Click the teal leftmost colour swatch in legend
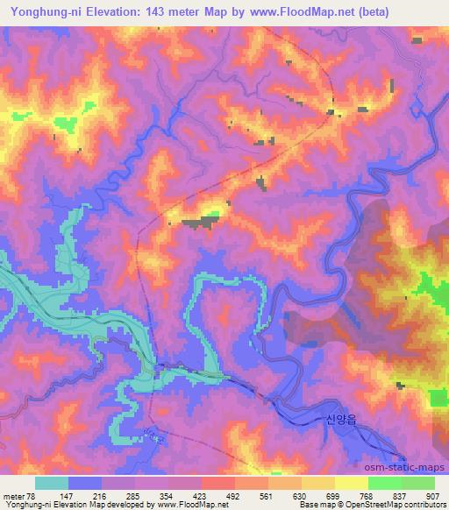pyautogui.click(x=52, y=483)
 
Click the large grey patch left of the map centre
pyautogui.click(x=203, y=223)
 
